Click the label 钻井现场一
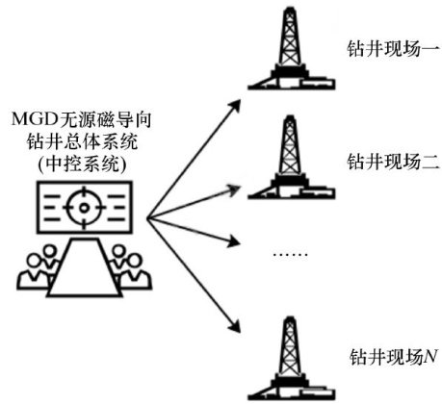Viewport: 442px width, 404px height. click(x=392, y=50)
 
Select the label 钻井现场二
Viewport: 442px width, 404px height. click(x=392, y=162)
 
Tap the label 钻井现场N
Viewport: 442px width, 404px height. click(x=393, y=357)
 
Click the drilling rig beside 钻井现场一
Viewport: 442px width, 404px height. click(x=291, y=49)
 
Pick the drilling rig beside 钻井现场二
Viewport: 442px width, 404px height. click(x=291, y=158)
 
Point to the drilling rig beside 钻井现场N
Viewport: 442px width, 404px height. click(x=291, y=359)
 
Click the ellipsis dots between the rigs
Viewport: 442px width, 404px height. click(x=290, y=255)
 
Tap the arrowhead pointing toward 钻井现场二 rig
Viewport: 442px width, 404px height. click(x=234, y=189)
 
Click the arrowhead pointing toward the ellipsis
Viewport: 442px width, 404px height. click(x=234, y=240)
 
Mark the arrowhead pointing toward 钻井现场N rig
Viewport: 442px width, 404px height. click(x=235, y=326)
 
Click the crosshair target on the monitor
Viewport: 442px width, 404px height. click(x=84, y=208)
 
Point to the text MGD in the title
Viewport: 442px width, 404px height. click(x=34, y=119)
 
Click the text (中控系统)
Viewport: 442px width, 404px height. click(x=82, y=164)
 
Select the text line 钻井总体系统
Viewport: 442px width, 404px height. click(x=82, y=141)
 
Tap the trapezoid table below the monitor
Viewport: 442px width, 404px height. click(x=85, y=267)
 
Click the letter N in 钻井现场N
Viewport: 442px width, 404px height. click(x=430, y=356)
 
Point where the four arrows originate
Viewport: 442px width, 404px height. click(x=147, y=218)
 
